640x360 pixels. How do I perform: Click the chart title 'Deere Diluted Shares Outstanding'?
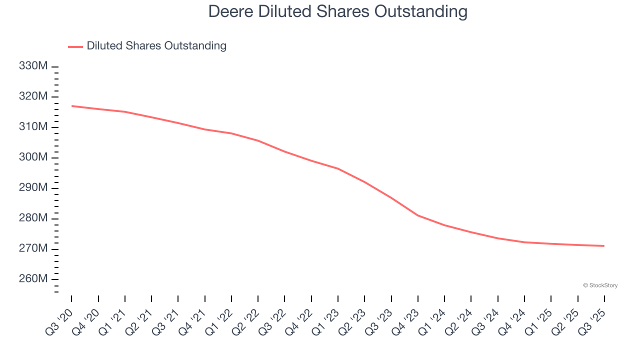click(x=338, y=11)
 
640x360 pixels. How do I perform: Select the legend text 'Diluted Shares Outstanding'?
click(x=156, y=46)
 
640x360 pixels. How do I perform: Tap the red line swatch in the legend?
click(x=75, y=46)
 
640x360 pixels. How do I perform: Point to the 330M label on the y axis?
click(x=33, y=66)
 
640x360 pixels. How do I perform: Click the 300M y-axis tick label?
click(x=33, y=157)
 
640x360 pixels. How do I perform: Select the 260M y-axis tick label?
click(x=33, y=279)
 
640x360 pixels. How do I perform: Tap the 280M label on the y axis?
click(x=33, y=218)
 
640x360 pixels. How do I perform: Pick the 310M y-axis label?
click(x=33, y=127)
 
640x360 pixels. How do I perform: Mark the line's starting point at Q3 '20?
click(x=71, y=106)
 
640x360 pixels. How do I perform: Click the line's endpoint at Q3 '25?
click(x=604, y=245)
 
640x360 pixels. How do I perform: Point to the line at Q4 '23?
click(x=418, y=215)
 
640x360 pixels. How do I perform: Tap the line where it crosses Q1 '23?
click(x=338, y=168)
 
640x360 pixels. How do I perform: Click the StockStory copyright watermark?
click(x=600, y=285)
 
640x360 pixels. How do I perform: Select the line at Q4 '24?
click(x=524, y=242)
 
